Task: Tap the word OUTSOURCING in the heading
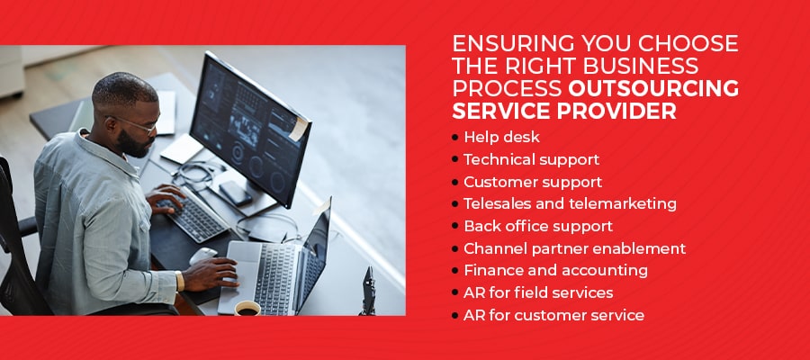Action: coord(653,89)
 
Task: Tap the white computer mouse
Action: coord(203,256)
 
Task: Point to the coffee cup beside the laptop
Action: coord(247,309)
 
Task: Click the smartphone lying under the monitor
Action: coord(235,193)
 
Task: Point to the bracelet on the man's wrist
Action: coord(180,281)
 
